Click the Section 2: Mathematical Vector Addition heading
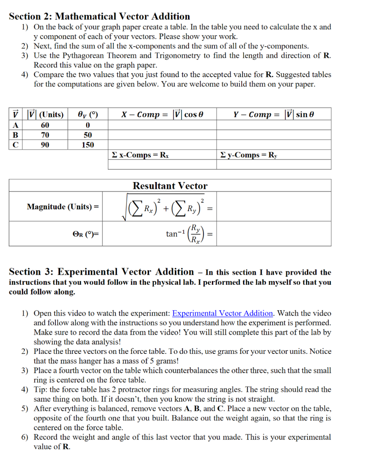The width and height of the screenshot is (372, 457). pos(99,17)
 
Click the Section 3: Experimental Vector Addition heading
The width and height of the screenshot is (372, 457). pos(101,272)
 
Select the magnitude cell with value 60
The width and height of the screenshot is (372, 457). pos(45,125)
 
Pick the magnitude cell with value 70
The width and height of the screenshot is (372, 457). pos(45,135)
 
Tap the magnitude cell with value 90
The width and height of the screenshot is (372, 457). pos(45,145)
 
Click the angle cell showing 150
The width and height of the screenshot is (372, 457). pos(88,145)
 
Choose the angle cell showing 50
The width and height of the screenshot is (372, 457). pos(88,135)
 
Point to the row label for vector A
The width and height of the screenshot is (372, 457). pos(15,125)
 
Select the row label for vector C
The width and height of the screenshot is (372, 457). pos(15,145)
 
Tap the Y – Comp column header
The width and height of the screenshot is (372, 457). pos(274,114)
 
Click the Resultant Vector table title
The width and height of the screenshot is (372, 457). pos(170,186)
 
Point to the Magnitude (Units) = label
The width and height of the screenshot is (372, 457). pos(62,207)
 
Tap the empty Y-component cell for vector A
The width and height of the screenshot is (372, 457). pos(274,125)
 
